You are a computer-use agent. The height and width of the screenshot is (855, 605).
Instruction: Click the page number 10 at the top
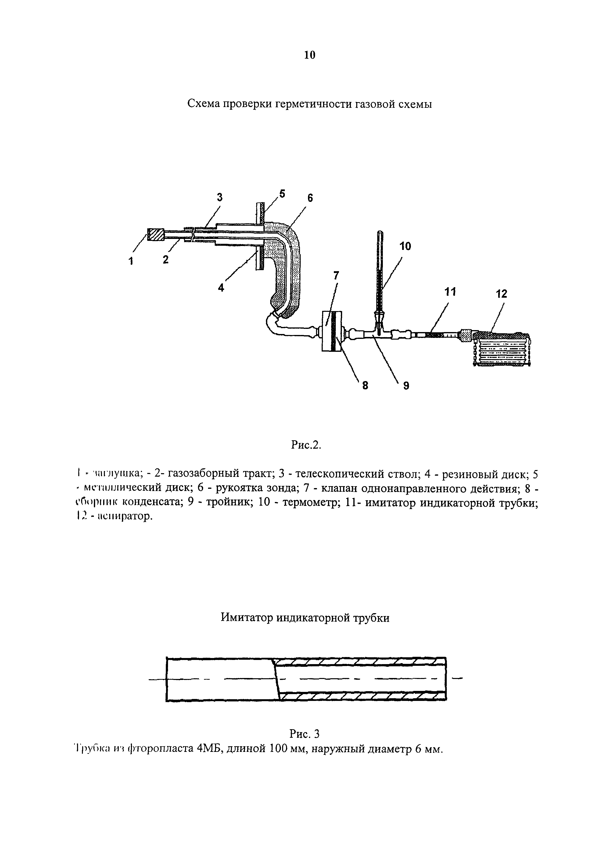(x=310, y=55)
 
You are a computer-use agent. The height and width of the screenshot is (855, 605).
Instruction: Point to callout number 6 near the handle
(x=310, y=198)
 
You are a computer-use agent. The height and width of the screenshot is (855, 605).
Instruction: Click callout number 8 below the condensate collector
(x=365, y=386)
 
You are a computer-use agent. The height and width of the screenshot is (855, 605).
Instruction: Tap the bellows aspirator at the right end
(x=502, y=348)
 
